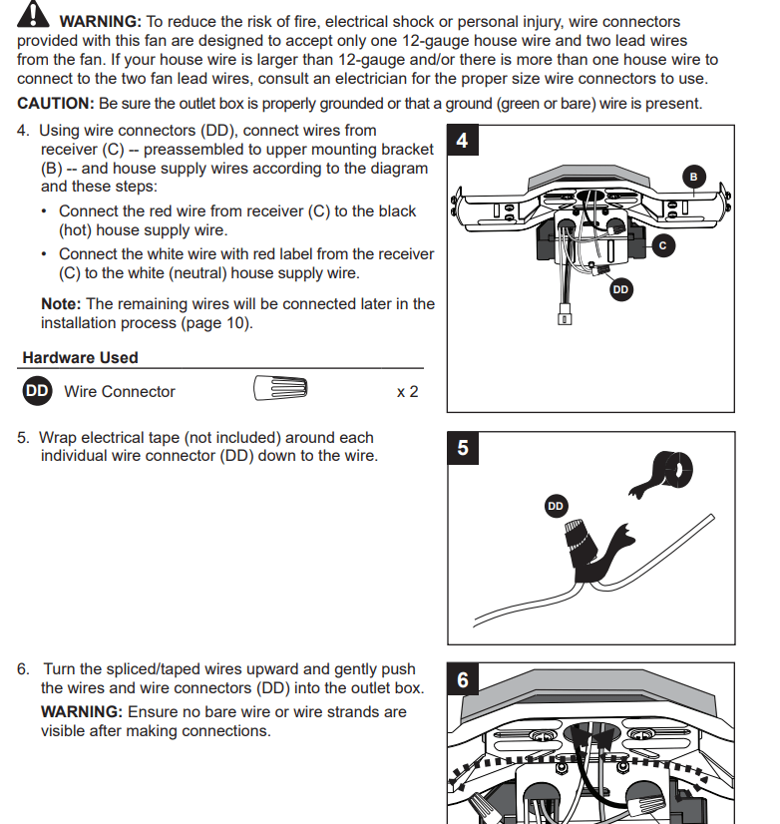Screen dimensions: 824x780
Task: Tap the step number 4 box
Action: pos(462,141)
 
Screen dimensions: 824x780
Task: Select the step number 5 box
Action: pos(462,447)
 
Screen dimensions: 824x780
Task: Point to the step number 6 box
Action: pos(462,680)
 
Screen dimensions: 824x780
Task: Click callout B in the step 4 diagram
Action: pos(694,177)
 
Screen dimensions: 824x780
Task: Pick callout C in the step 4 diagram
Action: pos(662,244)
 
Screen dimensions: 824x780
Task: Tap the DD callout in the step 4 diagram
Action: pos(620,289)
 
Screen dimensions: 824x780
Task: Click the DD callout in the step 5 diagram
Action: pos(556,507)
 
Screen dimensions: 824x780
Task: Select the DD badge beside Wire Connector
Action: pos(37,391)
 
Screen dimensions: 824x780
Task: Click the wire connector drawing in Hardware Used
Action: pos(280,389)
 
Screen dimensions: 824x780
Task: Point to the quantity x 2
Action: pos(407,392)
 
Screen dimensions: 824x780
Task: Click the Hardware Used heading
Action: pos(80,357)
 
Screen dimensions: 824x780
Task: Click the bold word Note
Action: pos(61,303)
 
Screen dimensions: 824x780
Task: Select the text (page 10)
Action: pos(214,323)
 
